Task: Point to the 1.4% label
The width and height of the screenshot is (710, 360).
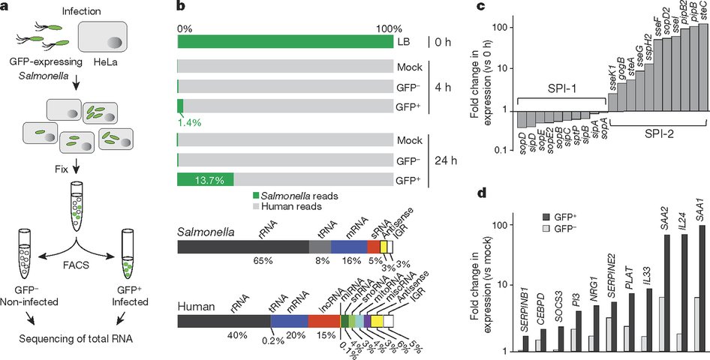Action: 188,121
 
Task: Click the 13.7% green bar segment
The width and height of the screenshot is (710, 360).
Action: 205,179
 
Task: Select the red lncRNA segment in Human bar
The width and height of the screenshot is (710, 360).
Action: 323,320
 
